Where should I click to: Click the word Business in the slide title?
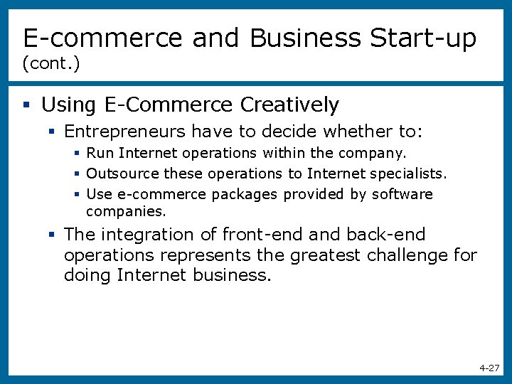click(305, 38)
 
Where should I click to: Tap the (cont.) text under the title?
click(50, 64)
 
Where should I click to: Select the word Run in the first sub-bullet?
click(100, 153)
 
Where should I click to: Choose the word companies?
click(126, 211)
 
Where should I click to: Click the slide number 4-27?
click(489, 368)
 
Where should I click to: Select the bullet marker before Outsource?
click(77, 174)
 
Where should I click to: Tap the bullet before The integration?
click(52, 235)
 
